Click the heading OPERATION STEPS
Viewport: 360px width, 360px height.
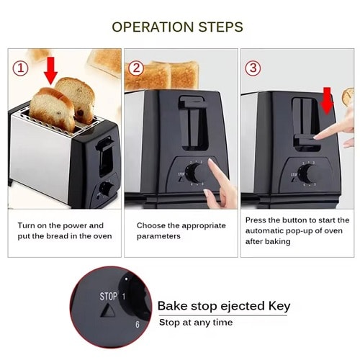pyautogui.click(x=177, y=27)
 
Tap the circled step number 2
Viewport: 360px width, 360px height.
pyautogui.click(x=136, y=68)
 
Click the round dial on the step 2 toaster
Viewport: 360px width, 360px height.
pyautogui.click(x=192, y=173)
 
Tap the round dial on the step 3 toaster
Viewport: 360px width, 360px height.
pyautogui.click(x=306, y=174)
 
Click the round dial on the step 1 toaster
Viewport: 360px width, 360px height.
pyautogui.click(x=105, y=189)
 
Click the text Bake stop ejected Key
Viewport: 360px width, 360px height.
pyautogui.click(x=223, y=306)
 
